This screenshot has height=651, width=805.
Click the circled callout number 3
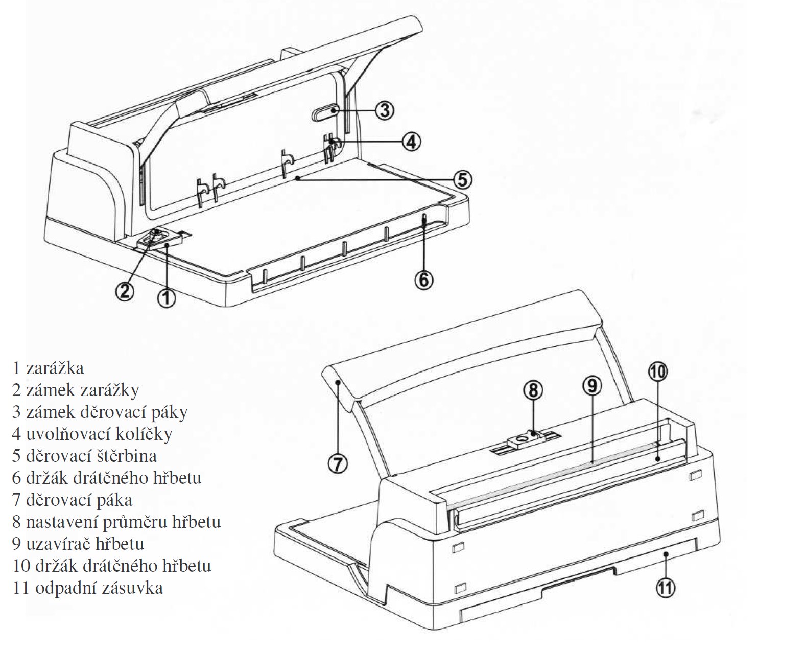coord(385,109)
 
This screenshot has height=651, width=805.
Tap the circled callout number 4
coord(411,141)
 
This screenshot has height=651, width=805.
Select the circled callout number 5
coord(462,179)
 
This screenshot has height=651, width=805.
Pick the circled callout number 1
coord(167,297)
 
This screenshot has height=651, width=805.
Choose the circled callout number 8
coord(533,390)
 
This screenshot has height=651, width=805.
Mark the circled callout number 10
coord(657,372)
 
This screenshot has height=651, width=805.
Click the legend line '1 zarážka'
coord(49,368)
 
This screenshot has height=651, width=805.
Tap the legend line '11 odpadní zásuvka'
coord(88,588)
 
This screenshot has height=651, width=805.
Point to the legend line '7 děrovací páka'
coord(73,500)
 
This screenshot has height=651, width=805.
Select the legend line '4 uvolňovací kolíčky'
coord(92,434)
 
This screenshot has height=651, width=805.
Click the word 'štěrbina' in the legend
coord(124,456)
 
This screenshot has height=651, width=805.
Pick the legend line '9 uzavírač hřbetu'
coord(78,544)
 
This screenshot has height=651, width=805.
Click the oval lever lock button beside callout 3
coord(325,112)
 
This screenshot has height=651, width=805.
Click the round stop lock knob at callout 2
coord(156,235)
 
